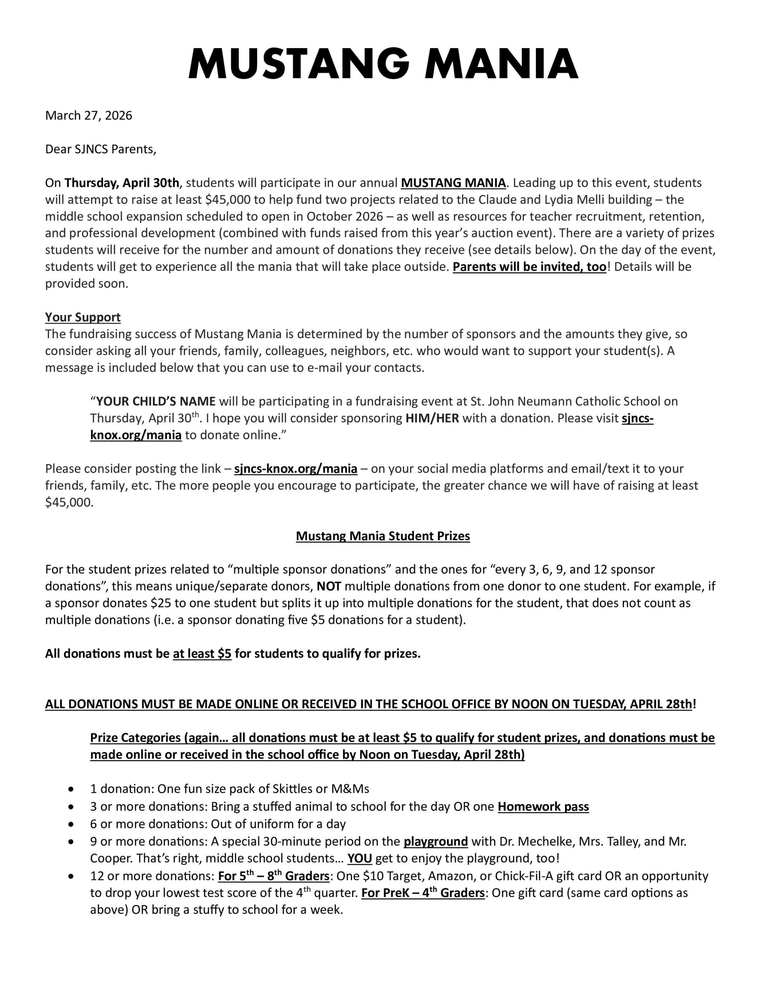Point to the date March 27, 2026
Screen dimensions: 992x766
[x=89, y=116]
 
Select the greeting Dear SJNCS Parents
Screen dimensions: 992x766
[x=100, y=150]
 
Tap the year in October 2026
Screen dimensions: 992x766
[x=366, y=216]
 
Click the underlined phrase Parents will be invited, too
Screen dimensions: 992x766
[x=529, y=267]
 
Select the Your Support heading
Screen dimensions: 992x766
[x=82, y=317]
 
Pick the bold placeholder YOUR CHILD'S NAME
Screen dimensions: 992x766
[x=156, y=401]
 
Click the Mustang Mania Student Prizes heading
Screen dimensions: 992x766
[x=383, y=536]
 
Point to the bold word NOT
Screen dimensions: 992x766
[x=329, y=586]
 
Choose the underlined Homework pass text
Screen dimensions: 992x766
[x=543, y=807]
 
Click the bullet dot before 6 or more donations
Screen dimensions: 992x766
[x=71, y=824]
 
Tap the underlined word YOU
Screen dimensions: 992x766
[x=360, y=858]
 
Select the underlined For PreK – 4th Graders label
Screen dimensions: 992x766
[x=423, y=893]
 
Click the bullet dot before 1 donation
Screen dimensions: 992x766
[x=71, y=789]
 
